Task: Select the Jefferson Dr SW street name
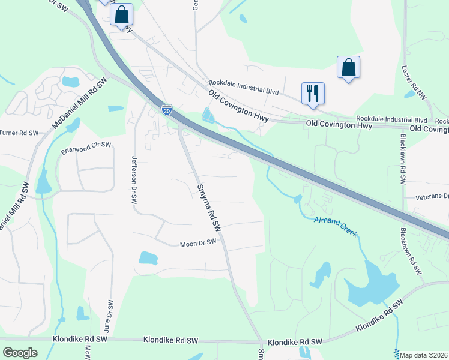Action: point(134,180)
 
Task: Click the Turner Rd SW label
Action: point(19,132)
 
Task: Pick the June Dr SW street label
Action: point(108,316)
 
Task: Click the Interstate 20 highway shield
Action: point(167,109)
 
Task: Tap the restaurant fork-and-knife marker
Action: point(313,93)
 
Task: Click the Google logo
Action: point(20,353)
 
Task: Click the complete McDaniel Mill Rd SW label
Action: point(79,103)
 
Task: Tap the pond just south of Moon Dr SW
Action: point(148,258)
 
